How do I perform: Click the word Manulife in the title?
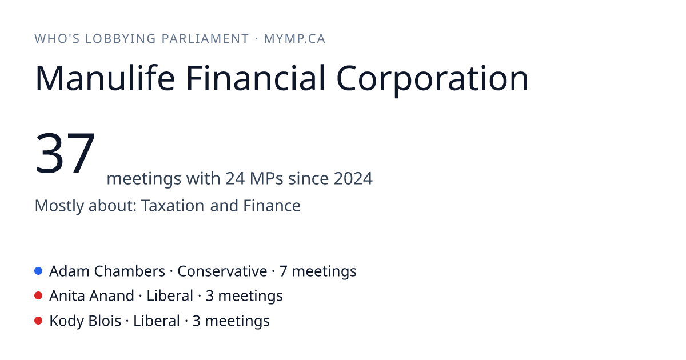coord(105,78)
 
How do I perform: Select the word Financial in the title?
coord(256,78)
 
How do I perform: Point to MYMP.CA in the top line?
coord(294,39)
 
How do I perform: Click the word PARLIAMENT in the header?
coord(205,39)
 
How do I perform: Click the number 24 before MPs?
coord(235,178)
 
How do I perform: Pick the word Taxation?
coord(173,205)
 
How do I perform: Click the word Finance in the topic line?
coord(272,205)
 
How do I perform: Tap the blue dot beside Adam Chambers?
coord(38,271)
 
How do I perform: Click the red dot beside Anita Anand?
coord(38,296)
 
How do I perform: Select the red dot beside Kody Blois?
coord(38,321)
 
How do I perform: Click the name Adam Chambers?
coord(107,271)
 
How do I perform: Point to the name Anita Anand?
coord(91,296)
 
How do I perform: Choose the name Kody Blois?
coord(85,321)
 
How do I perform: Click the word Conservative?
coord(222,271)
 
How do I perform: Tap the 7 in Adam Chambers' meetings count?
coord(284,271)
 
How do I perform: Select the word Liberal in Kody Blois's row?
coord(157,321)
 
